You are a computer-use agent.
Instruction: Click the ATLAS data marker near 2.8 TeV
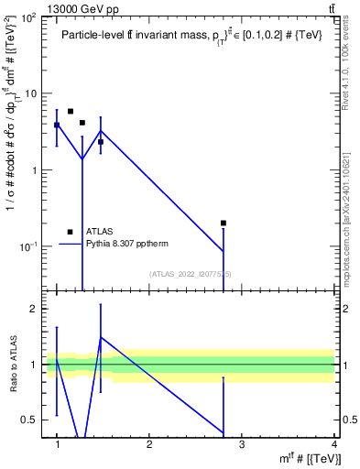[x=224, y=223]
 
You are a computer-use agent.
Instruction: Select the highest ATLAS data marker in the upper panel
[x=71, y=111]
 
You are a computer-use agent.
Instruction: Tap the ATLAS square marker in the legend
[x=70, y=232]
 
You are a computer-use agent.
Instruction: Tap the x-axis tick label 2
[x=149, y=443]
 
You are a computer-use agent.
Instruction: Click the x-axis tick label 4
[x=333, y=443]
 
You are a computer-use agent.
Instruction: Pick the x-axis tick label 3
[x=241, y=443]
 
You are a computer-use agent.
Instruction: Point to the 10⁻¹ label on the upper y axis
[x=30, y=246]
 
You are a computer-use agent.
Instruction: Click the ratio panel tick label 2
[x=35, y=309]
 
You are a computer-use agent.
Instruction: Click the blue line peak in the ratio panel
[x=100, y=337]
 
